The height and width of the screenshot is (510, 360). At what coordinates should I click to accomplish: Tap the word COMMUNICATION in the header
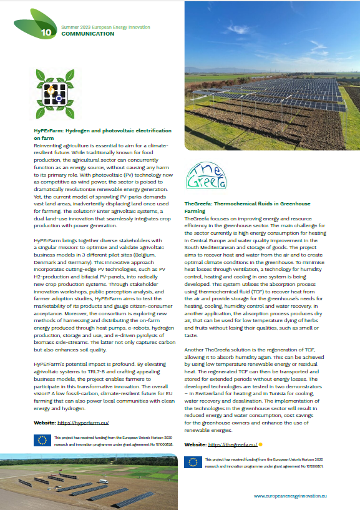87,34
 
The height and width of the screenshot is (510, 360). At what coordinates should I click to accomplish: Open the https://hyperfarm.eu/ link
83,423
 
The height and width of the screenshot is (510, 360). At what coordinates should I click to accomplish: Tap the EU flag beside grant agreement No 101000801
193,462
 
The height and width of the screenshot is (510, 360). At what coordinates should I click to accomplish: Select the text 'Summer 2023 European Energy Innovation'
105,28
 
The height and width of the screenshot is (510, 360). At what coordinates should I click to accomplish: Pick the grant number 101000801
315,465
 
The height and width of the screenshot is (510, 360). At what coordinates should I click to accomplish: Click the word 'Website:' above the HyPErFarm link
47,423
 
